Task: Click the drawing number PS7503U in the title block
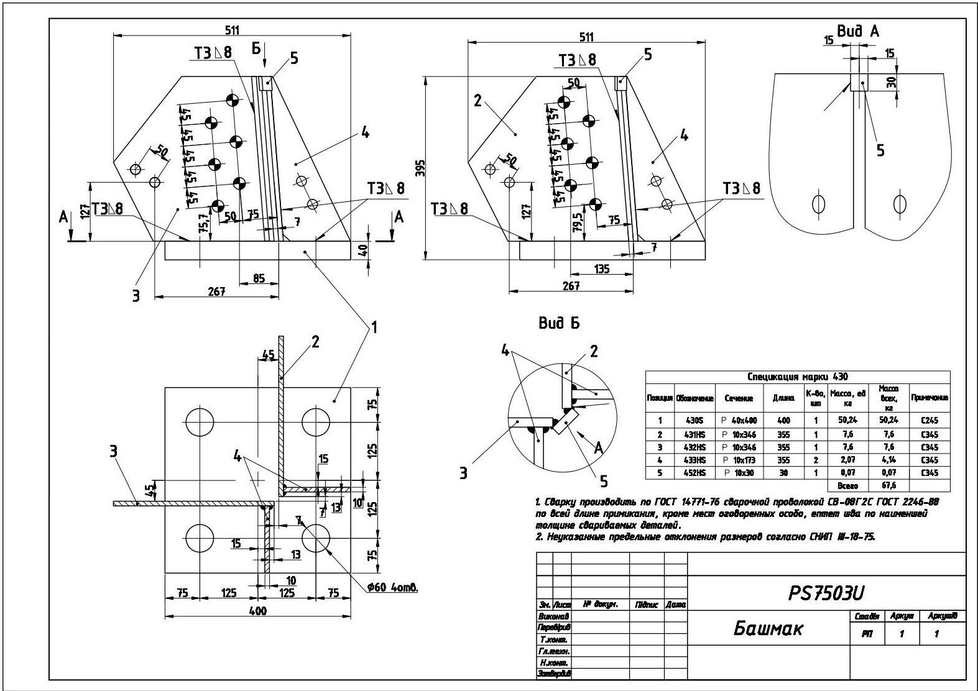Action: [x=826, y=593]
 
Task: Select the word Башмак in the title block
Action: [x=768, y=628]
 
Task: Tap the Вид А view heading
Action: [x=858, y=32]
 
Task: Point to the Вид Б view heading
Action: [x=559, y=323]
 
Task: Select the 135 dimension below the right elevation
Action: [x=601, y=269]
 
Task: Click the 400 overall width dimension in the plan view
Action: [x=257, y=610]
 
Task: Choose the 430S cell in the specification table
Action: [x=694, y=420]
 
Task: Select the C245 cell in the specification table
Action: [x=930, y=420]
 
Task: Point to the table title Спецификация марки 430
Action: [x=798, y=377]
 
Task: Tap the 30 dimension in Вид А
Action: [x=892, y=81]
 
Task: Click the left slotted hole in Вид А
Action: [x=818, y=203]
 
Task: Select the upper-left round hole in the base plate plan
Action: [x=198, y=423]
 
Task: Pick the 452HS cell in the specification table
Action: [x=694, y=473]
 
